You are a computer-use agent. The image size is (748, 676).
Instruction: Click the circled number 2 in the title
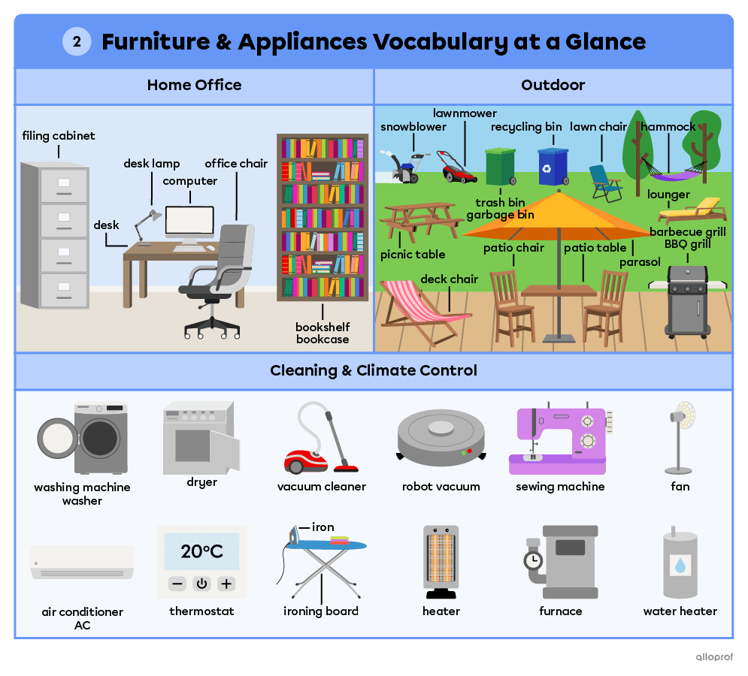click(x=77, y=41)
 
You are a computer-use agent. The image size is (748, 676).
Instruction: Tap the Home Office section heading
click(x=194, y=85)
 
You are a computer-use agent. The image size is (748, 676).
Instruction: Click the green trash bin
click(x=500, y=166)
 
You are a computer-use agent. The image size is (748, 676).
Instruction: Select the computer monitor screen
click(x=189, y=222)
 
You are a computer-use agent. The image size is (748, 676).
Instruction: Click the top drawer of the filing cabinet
click(x=63, y=183)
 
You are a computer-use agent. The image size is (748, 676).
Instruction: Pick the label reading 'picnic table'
click(x=413, y=255)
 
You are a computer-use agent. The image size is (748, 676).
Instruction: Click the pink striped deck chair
click(x=413, y=309)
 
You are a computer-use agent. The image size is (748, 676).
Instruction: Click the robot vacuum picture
click(x=441, y=436)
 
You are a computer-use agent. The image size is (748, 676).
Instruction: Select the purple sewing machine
click(x=560, y=440)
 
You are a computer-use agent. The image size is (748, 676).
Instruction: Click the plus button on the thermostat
click(x=226, y=584)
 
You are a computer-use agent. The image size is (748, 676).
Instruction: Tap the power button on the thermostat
click(x=201, y=584)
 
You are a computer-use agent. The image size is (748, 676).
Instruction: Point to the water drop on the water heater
click(x=680, y=565)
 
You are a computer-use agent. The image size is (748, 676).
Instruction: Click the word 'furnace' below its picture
click(x=561, y=611)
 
